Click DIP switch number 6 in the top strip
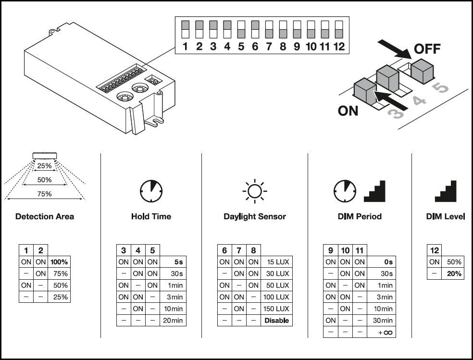[255, 29]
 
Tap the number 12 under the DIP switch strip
[339, 47]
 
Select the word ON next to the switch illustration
[348, 111]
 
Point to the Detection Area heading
[45, 216]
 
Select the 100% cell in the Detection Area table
[59, 262]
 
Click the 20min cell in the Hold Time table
[173, 321]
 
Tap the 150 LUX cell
[276, 309]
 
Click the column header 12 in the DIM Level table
[435, 250]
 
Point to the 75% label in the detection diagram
[45, 194]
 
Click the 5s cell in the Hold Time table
[173, 262]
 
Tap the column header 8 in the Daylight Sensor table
[254, 250]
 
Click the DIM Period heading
[360, 216]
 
